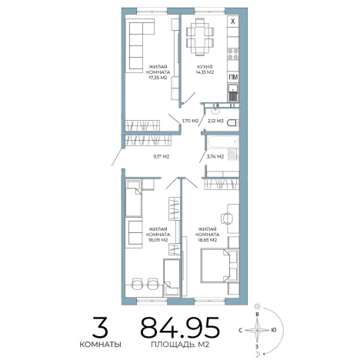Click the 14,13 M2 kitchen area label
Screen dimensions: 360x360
(205, 72)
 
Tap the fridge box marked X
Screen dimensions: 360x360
(233, 21)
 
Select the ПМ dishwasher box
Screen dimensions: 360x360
(233, 77)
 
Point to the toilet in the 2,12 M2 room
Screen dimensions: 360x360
(232, 123)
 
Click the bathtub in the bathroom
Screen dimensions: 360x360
(223, 142)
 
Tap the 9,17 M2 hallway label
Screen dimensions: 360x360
(161, 156)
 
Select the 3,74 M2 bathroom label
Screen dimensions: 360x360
(215, 156)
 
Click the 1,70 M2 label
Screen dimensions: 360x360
(191, 121)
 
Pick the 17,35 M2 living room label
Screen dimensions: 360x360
(158, 78)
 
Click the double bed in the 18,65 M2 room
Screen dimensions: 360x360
(219, 265)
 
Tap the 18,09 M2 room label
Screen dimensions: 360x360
(158, 240)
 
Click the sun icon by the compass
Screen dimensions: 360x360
(257, 306)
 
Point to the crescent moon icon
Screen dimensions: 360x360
(258, 355)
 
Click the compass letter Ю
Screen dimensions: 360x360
(274, 330)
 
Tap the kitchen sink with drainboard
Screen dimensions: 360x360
(233, 93)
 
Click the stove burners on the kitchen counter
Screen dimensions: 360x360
(233, 54)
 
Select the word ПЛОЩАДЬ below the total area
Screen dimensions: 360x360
(174, 345)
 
